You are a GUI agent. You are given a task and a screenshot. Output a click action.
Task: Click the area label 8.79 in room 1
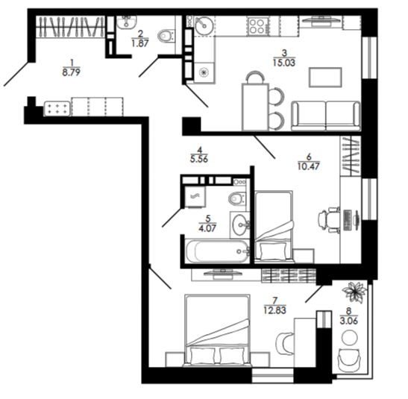click(x=71, y=72)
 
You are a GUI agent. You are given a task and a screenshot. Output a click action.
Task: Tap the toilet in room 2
click(x=166, y=36)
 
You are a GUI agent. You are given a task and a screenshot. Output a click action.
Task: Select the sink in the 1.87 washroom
click(x=126, y=22)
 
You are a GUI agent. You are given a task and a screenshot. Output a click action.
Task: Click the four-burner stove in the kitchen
click(x=257, y=26)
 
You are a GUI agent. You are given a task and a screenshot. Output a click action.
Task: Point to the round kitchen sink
click(x=204, y=25)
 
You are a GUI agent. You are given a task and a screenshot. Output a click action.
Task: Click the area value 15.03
click(x=284, y=63)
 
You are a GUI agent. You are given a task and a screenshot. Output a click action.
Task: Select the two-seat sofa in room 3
click(x=326, y=116)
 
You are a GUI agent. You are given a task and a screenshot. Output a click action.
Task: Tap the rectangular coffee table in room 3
click(x=325, y=78)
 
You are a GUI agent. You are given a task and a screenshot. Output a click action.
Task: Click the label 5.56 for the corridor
click(x=199, y=159)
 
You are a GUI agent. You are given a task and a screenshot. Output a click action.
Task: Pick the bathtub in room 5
click(x=216, y=251)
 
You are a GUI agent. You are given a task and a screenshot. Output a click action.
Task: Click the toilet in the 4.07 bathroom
click(x=236, y=199)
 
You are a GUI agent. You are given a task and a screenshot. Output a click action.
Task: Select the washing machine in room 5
click(x=195, y=197)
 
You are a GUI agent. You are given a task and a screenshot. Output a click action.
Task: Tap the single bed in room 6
click(x=274, y=225)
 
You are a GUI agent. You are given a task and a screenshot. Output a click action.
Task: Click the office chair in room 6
click(x=329, y=219)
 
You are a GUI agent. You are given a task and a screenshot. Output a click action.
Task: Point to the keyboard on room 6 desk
click(x=348, y=220)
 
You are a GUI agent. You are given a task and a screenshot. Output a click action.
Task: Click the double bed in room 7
click(x=217, y=330)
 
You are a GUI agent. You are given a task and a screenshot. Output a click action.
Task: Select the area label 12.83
click(x=274, y=310)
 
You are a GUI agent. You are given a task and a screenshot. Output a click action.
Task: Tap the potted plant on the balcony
click(x=354, y=292)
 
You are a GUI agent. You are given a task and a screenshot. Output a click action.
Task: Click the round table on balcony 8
click(x=350, y=338)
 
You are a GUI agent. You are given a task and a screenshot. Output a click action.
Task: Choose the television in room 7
click(x=223, y=274)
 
